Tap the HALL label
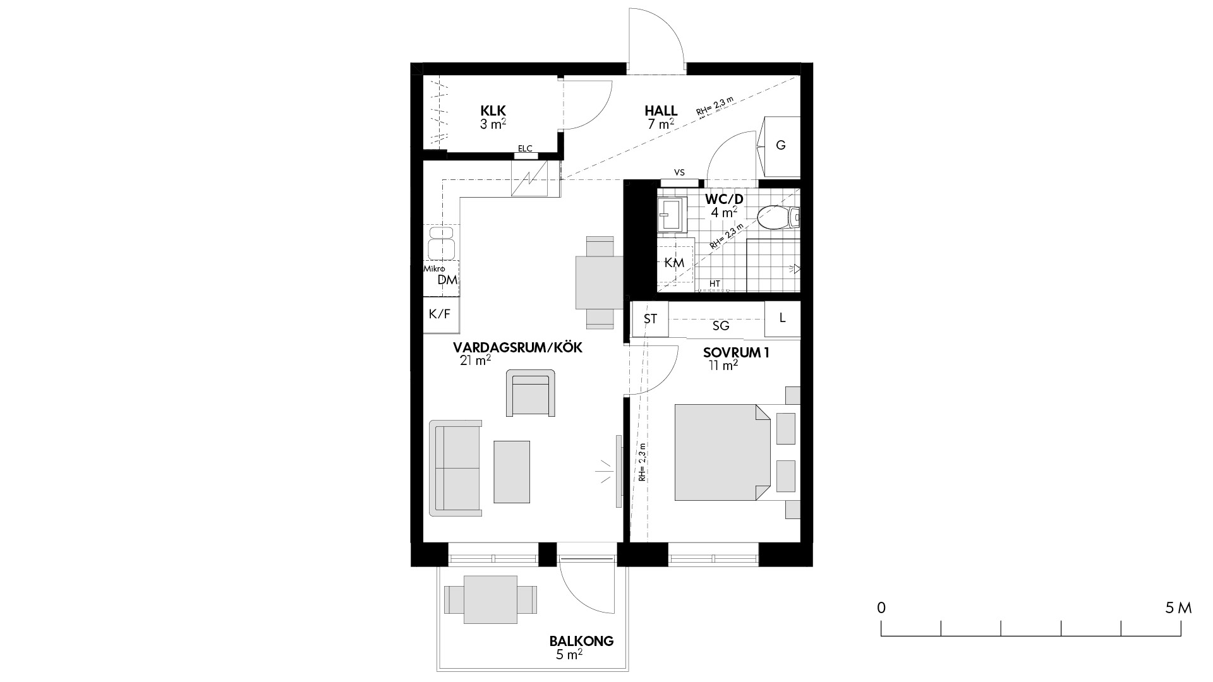661,111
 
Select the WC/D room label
724,200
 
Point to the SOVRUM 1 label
736,353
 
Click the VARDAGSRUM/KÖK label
517,348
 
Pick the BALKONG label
581,642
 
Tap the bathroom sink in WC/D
672,215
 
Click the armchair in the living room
531,393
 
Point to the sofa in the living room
456,468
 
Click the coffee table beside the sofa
512,472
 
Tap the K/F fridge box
440,314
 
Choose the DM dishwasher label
447,280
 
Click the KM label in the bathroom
675,263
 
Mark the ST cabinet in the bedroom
650,319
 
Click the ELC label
525,149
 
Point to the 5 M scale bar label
1178,608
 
